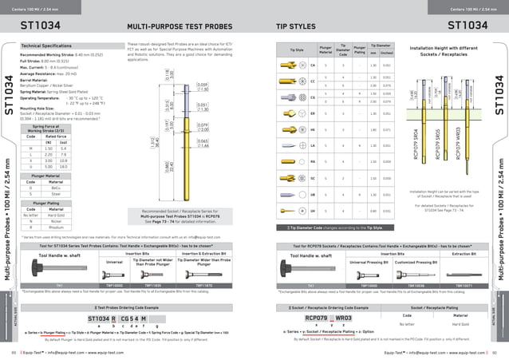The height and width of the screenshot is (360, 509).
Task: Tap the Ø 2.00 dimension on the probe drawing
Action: pyautogui.click(x=203, y=105)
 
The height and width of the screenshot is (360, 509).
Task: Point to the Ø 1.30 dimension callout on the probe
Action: pyautogui.click(x=203, y=87)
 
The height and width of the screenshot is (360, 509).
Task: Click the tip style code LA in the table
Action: pyautogui.click(x=312, y=146)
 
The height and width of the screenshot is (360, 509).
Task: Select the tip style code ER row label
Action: pyautogui.click(x=312, y=113)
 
